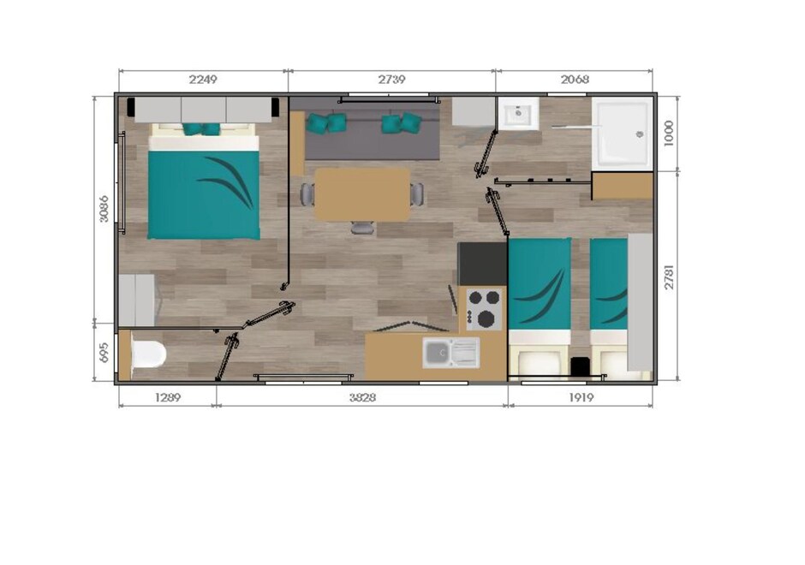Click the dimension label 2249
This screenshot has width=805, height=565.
[x=203, y=80]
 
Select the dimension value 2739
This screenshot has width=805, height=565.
[x=391, y=80]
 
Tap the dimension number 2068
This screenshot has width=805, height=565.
[x=575, y=80]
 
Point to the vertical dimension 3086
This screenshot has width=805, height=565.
[x=104, y=208]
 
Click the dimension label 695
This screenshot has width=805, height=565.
[x=104, y=353]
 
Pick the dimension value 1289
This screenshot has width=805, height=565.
[x=168, y=397]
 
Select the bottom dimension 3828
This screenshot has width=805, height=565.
[x=362, y=397]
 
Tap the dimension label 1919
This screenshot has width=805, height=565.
[x=581, y=397]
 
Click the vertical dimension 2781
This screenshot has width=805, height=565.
[x=669, y=277]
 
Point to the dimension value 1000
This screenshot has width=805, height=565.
[x=668, y=134]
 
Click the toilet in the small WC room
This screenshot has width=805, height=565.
[x=148, y=354]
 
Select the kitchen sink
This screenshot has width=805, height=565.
[x=450, y=353]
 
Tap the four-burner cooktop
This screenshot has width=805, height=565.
[x=484, y=308]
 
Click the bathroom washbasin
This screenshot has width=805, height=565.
[x=518, y=112]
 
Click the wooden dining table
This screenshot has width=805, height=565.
[x=362, y=195]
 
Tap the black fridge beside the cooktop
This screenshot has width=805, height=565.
[x=482, y=264]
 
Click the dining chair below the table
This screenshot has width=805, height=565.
[x=362, y=228]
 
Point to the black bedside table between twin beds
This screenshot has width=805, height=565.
[x=580, y=366]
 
